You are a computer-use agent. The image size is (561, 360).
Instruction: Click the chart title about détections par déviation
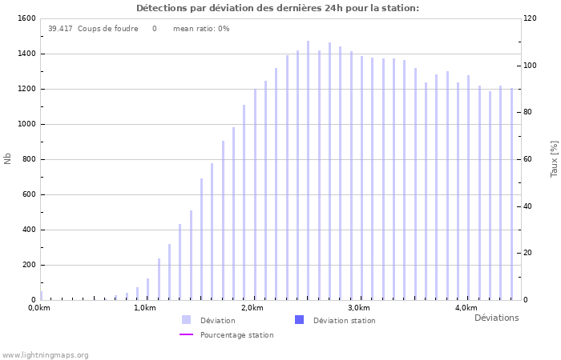[x=277, y=8]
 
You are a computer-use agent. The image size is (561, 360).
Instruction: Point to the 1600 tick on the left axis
[x=26, y=18]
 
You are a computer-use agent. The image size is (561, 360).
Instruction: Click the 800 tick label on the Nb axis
[x=28, y=159]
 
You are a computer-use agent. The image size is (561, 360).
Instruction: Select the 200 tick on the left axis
[x=28, y=265]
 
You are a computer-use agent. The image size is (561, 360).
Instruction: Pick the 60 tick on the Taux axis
[x=529, y=159]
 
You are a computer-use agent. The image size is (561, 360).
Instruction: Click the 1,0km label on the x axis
[x=145, y=308]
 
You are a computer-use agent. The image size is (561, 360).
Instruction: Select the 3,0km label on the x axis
[x=359, y=308]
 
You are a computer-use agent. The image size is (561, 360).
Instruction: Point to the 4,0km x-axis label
[x=466, y=308]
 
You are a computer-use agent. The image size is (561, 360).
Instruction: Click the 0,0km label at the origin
[x=38, y=308]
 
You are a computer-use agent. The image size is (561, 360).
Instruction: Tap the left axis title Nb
[x=8, y=158]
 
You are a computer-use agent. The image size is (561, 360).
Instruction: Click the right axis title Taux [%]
[x=554, y=158]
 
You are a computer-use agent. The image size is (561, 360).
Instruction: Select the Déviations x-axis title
[x=496, y=318]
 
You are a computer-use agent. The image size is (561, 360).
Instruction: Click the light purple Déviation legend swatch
[x=187, y=320]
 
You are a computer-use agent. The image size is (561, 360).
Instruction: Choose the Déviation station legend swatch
[x=300, y=320]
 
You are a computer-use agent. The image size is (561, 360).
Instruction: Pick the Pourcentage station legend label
[x=236, y=335]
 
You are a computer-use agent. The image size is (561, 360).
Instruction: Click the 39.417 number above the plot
[x=60, y=29]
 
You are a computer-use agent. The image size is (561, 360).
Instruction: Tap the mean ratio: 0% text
[x=201, y=29]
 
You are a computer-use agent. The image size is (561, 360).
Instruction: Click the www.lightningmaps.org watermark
[x=45, y=355]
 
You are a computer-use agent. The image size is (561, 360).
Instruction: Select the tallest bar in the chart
[x=308, y=170]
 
